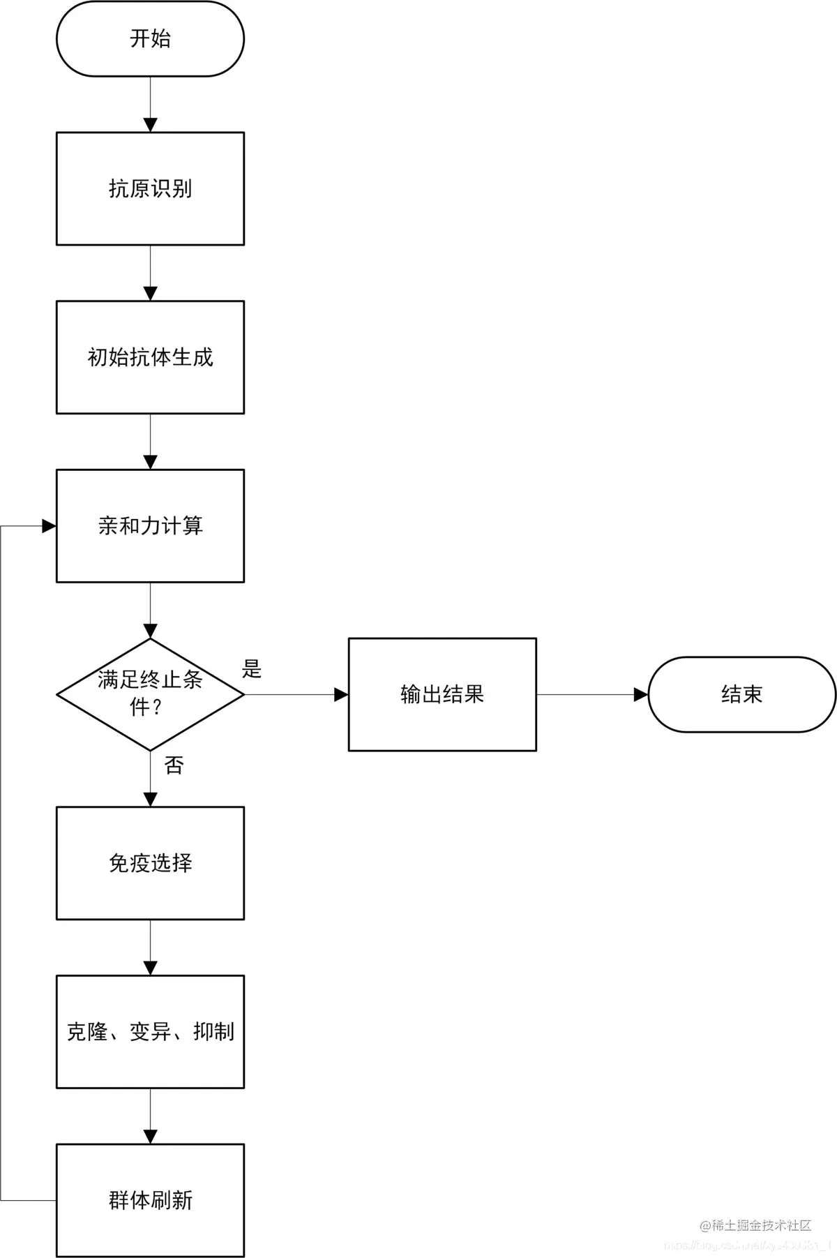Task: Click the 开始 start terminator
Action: point(150,38)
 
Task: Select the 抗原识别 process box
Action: point(150,188)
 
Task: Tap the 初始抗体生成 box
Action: point(150,357)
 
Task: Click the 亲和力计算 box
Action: point(150,525)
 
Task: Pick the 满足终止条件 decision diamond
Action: point(150,694)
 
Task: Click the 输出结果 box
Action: point(442,694)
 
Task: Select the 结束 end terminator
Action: point(741,694)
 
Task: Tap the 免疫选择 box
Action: point(150,863)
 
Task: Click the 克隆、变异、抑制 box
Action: point(150,1031)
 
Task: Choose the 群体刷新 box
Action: point(150,1200)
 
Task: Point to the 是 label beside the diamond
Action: point(252,668)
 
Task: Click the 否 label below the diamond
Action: point(174,765)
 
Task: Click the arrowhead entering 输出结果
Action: point(341,694)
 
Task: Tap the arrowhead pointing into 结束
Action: point(640,694)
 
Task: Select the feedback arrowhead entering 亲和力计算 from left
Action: point(49,526)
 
